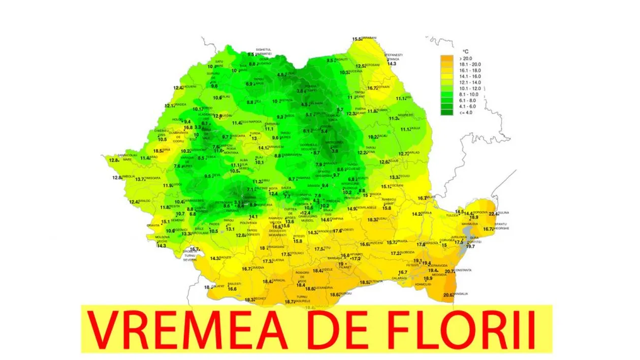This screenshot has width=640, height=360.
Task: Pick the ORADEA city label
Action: [x=180, y=105]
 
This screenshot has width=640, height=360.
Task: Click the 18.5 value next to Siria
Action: [x=158, y=151]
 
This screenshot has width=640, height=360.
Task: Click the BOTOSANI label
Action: [x=372, y=66]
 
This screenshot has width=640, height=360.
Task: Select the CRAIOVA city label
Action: [x=259, y=268]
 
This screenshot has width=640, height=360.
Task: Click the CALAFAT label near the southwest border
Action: [x=217, y=286]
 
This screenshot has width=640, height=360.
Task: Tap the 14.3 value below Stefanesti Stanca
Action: [x=392, y=64]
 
